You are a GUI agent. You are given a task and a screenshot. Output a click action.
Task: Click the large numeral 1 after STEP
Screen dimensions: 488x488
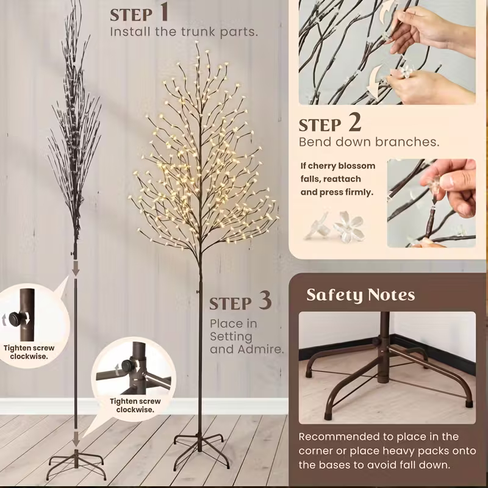tap(163, 12)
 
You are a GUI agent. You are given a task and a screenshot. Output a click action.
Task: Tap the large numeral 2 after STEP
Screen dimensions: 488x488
tap(354, 122)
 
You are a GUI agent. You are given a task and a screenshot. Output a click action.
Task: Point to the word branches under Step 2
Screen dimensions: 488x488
tap(407, 142)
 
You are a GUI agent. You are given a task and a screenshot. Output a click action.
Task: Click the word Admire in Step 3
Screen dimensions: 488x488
tap(261, 349)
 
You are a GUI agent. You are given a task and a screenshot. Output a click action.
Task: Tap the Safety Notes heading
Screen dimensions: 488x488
tap(361, 295)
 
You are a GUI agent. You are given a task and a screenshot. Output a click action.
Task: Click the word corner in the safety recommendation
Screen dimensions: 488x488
tap(315, 451)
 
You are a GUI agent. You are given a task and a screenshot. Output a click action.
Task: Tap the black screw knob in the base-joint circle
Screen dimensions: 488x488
tap(128, 366)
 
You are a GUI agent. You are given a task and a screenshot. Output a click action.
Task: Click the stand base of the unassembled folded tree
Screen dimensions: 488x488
tap(76, 464)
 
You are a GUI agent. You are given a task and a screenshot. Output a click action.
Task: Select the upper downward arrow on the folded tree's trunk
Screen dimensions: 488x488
tap(76, 268)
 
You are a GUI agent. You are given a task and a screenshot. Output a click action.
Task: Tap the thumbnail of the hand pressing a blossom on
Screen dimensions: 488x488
tap(431, 203)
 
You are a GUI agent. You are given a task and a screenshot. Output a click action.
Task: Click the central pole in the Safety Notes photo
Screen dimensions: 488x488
tap(385, 346)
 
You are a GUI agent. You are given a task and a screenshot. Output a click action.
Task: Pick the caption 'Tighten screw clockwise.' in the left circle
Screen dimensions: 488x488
tap(29, 352)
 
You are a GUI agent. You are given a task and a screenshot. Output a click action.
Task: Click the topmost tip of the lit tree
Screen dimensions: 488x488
tap(196, 43)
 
